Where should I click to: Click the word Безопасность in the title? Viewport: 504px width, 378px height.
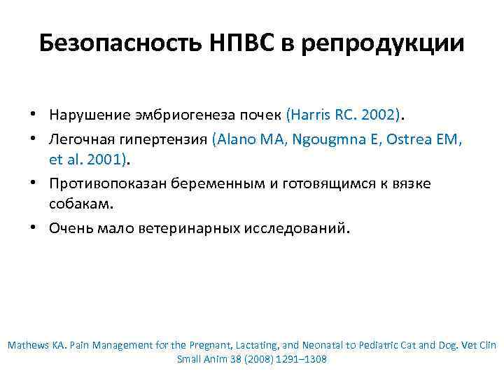[x=118, y=43]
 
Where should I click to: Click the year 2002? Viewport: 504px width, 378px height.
[x=381, y=114]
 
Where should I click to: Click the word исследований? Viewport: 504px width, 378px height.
[x=294, y=228]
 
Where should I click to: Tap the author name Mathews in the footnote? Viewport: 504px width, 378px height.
[x=29, y=345]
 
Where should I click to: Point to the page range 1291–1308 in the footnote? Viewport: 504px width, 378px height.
[x=297, y=358]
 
